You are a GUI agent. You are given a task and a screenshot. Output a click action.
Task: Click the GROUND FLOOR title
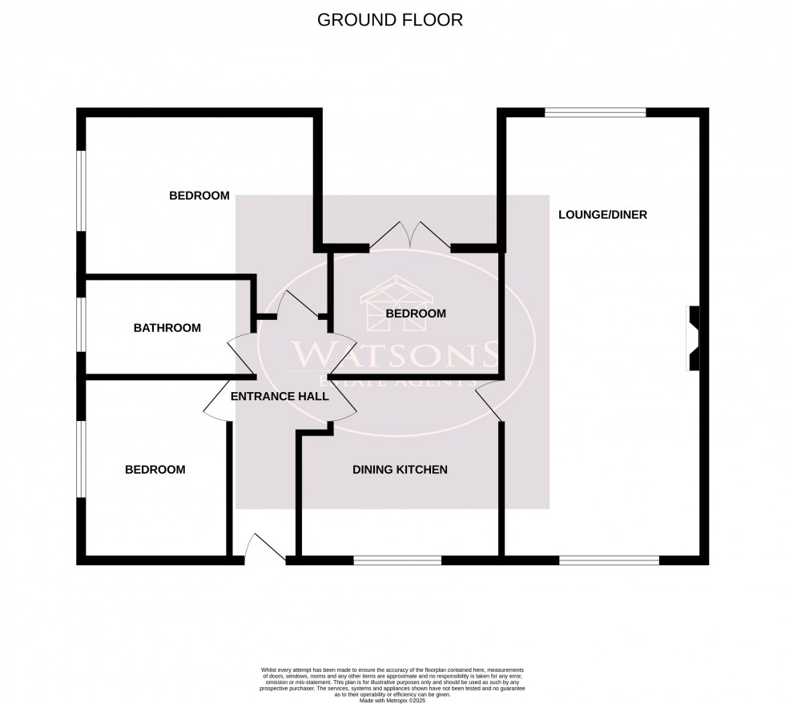[x=390, y=20]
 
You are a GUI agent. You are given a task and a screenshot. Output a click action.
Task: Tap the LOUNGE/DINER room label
[x=602, y=215]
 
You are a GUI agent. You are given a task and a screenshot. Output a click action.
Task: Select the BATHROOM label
[x=167, y=328]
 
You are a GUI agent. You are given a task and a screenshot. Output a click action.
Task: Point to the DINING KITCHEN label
[x=400, y=470]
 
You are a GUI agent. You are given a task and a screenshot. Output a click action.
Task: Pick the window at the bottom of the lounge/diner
[x=609, y=560]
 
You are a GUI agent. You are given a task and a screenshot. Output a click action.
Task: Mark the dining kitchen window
[x=397, y=560]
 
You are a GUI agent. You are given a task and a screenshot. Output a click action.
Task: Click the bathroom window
[x=81, y=325]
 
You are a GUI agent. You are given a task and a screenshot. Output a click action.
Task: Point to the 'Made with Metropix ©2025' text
[x=392, y=700]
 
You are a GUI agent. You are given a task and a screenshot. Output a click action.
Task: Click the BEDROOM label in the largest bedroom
[x=199, y=196]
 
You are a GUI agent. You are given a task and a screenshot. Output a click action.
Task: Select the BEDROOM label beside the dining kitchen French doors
[x=416, y=314]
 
